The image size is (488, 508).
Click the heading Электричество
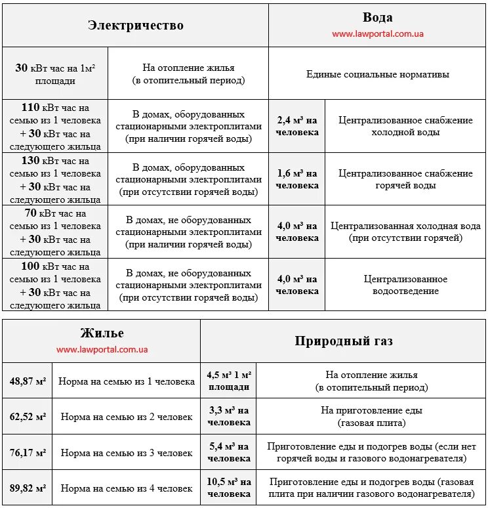click(x=136, y=26)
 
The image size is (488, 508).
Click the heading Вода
click(x=377, y=18)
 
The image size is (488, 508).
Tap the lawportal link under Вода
click(x=377, y=33)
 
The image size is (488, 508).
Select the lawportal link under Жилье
click(x=102, y=350)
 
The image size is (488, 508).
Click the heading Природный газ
click(x=344, y=341)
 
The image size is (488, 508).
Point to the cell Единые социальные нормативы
click(x=378, y=74)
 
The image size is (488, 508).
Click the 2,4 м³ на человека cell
click(x=297, y=126)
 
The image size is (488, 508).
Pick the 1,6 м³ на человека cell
click(x=297, y=179)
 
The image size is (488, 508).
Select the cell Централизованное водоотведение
click(x=405, y=285)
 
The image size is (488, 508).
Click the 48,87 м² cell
click(x=28, y=381)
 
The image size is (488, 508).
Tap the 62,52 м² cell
click(x=28, y=417)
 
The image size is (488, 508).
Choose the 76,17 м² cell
click(x=28, y=453)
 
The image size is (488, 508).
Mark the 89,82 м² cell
click(x=28, y=488)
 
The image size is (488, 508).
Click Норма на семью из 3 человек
click(x=127, y=453)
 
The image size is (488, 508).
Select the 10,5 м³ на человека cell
click(x=229, y=488)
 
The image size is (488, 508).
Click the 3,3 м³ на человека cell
click(x=229, y=416)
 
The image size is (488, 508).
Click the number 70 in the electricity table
click(x=30, y=213)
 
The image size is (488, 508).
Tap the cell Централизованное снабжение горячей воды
click(x=405, y=179)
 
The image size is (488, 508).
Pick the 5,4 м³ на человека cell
click(x=229, y=452)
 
